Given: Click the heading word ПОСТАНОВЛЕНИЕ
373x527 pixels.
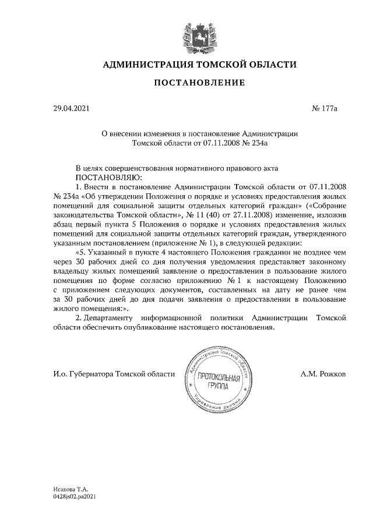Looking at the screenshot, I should pyautogui.click(x=199, y=83).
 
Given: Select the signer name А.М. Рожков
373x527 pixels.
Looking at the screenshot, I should pyautogui.click(x=323, y=374).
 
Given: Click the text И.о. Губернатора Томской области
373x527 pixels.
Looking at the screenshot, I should pyautogui.click(x=114, y=374).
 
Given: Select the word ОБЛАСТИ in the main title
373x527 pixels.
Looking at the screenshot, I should pyautogui.click(x=269, y=63).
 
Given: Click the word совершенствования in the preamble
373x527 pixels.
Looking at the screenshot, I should pyautogui.click(x=136, y=167).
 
